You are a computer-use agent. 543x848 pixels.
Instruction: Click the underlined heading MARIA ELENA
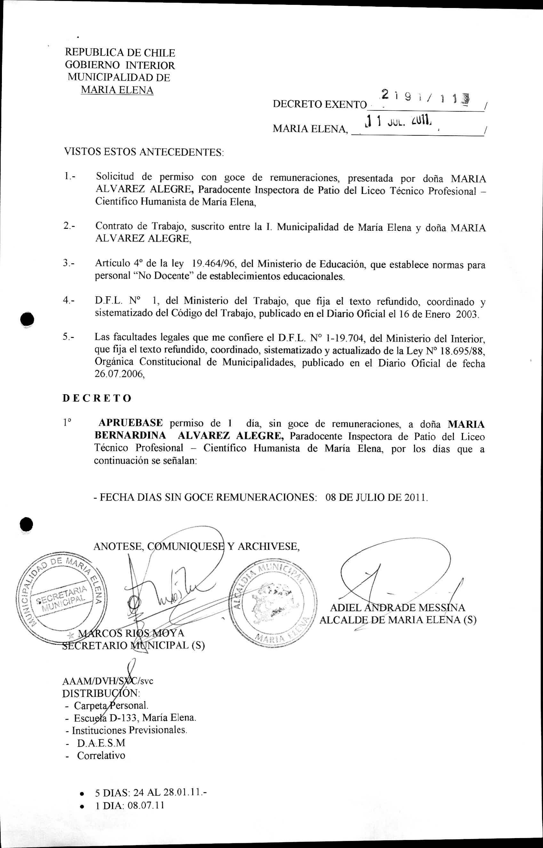117,90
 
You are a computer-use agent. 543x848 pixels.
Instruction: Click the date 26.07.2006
119,374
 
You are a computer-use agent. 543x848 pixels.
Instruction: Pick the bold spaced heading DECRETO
97,398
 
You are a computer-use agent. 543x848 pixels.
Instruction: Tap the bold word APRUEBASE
131,422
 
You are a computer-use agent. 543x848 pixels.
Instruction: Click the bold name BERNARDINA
131,436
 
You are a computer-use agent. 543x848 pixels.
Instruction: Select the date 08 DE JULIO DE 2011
377,498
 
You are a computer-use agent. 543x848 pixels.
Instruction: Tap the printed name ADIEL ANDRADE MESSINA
397,608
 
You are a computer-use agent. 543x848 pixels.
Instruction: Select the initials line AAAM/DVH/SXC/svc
108,681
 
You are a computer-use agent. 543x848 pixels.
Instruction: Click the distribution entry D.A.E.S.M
101,743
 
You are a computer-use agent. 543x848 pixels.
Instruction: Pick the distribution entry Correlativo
101,755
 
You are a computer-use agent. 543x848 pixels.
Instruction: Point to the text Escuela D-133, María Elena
135,717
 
